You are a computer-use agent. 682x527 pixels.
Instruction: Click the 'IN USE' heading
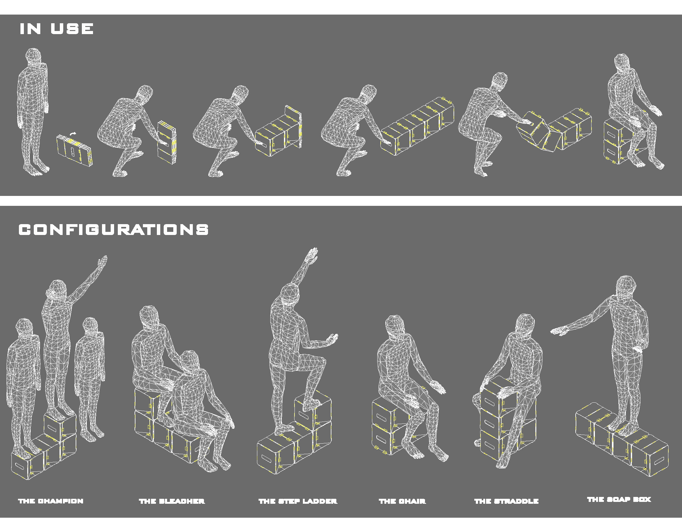pyautogui.click(x=56, y=29)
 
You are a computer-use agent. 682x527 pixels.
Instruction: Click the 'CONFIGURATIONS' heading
pyautogui.click(x=113, y=230)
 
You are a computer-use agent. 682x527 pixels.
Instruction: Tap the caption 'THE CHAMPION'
pyautogui.click(x=51, y=501)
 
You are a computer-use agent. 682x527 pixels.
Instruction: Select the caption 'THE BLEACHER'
pyautogui.click(x=172, y=501)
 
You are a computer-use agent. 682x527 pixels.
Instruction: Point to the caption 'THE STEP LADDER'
pyautogui.click(x=298, y=501)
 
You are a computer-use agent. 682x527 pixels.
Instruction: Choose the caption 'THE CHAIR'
pyautogui.click(x=402, y=501)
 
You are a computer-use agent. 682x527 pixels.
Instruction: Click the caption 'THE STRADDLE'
pyautogui.click(x=507, y=501)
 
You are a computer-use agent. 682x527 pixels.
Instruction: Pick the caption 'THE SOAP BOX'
pyautogui.click(x=619, y=499)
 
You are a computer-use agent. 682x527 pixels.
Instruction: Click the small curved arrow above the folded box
pyautogui.click(x=73, y=133)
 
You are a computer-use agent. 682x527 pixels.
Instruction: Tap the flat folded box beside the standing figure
pyautogui.click(x=74, y=150)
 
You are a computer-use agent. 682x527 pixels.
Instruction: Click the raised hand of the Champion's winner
pyautogui.click(x=103, y=262)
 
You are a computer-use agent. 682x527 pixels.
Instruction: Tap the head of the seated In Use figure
pyautogui.click(x=622, y=62)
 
